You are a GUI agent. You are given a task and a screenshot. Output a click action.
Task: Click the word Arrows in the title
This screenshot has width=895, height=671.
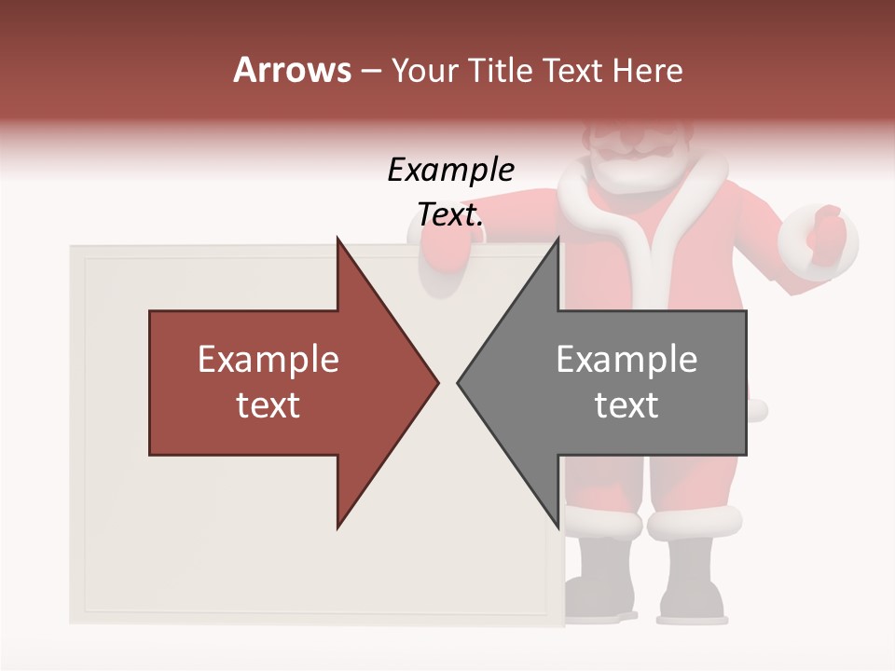292,70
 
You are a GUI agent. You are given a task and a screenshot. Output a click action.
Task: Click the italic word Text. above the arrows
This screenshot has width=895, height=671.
450,215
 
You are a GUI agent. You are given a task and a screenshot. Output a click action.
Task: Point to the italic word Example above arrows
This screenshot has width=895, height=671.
450,171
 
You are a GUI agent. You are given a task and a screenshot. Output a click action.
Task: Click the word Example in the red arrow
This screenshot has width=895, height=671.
268,360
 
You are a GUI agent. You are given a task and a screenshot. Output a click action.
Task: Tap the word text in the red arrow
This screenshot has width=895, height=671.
268,404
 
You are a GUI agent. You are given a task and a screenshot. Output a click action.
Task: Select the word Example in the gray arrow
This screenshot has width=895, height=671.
626,360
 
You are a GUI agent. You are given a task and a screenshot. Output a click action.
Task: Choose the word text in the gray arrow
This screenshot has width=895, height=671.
626,404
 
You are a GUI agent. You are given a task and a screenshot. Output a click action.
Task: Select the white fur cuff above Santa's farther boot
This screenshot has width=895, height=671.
695,522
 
